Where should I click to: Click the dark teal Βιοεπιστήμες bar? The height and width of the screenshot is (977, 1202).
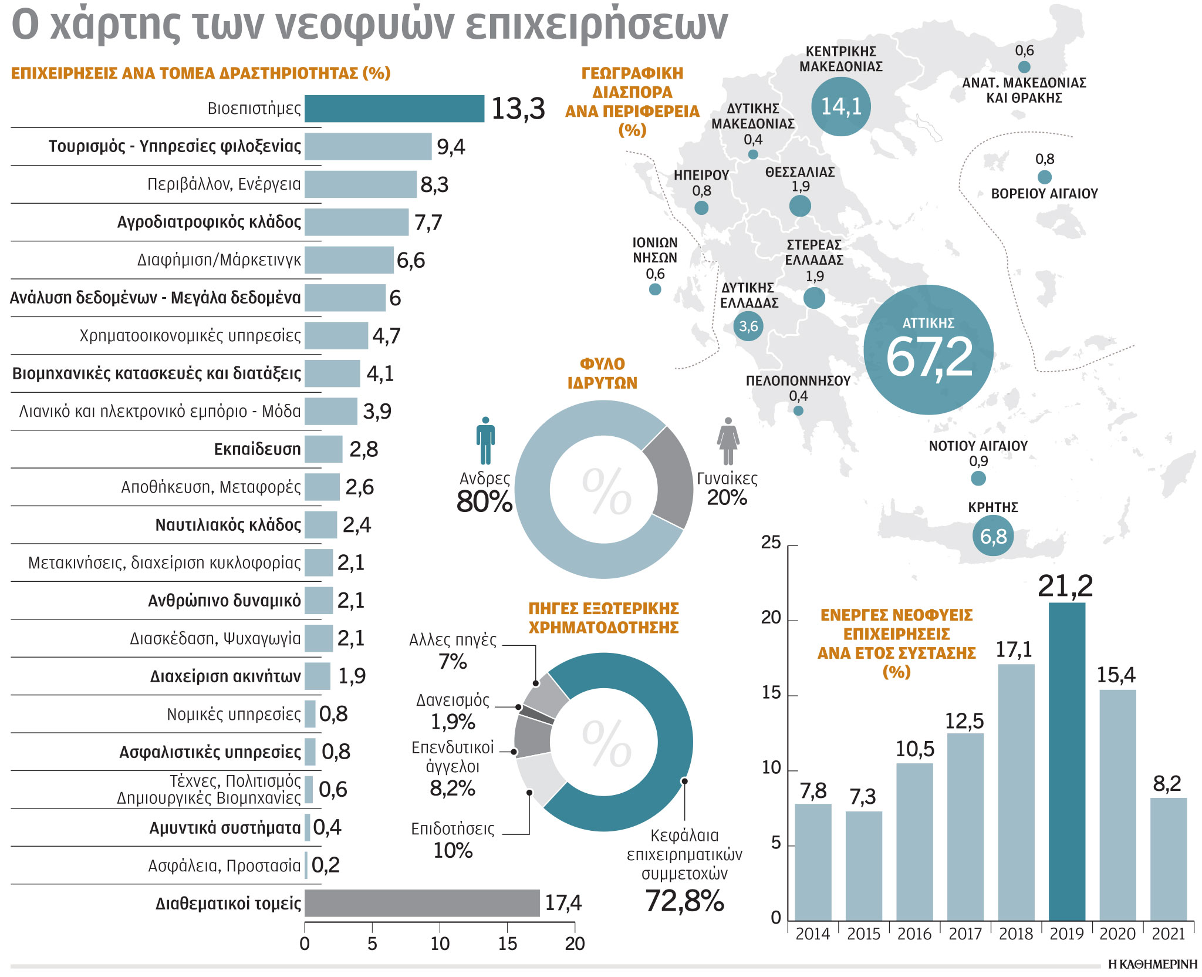click(x=394, y=109)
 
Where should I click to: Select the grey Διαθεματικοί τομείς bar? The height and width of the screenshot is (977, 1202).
click(x=421, y=902)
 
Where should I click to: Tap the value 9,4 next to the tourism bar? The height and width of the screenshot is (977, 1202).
click(x=450, y=147)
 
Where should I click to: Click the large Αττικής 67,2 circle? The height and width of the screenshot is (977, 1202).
click(x=928, y=350)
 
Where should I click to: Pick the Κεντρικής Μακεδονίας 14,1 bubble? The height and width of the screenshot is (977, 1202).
click(x=840, y=106)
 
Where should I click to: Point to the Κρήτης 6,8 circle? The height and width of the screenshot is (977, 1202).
click(x=993, y=536)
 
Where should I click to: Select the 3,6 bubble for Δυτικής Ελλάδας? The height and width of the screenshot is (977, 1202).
click(x=748, y=326)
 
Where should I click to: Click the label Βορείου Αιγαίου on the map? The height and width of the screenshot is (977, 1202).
click(x=1044, y=194)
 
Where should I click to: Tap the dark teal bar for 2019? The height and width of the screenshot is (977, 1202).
click(x=1066, y=761)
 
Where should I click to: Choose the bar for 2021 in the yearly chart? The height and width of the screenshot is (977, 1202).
click(x=1168, y=858)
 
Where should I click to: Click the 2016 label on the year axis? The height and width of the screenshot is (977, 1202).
click(x=914, y=934)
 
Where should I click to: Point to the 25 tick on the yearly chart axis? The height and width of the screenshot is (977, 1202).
click(x=771, y=543)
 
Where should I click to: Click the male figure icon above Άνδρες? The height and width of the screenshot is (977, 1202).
click(x=485, y=440)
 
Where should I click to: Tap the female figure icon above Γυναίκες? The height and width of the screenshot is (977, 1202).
click(x=728, y=441)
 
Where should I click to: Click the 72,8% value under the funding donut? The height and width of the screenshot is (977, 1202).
click(x=684, y=900)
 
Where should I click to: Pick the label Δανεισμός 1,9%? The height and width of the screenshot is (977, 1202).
click(x=453, y=710)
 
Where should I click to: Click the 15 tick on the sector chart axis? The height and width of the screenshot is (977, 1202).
click(x=507, y=944)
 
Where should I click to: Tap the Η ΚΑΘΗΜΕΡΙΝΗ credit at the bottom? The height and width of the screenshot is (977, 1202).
click(x=1152, y=964)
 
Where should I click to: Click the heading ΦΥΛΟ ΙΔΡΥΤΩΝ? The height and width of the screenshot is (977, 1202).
click(x=602, y=373)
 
